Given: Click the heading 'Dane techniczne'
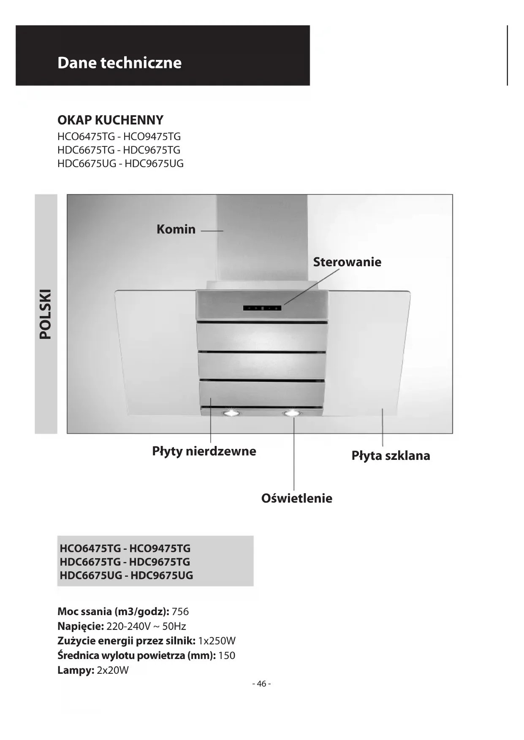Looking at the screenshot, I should (x=119, y=62).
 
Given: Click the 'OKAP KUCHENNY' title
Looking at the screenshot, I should (x=110, y=120).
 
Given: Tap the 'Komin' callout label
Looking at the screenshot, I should (x=176, y=229).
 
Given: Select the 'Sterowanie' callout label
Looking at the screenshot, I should (x=347, y=262).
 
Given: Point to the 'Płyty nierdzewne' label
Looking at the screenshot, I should (x=204, y=451).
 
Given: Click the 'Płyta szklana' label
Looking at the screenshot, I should (x=391, y=456).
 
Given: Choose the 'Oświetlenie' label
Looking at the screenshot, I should (x=296, y=498).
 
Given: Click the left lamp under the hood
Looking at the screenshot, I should (x=231, y=413).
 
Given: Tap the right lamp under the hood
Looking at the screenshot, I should (x=291, y=413).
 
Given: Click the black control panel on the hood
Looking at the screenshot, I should (x=262, y=308).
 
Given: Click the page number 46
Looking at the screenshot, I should (x=261, y=683).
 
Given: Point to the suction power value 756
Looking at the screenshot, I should (x=180, y=611).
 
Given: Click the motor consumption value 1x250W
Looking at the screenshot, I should (x=217, y=641).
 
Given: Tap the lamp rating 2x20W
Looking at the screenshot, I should (x=113, y=670).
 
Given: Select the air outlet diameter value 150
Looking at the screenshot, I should (x=227, y=655).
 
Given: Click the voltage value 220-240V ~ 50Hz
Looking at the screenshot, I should (x=146, y=626).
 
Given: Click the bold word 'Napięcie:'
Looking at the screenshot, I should (x=80, y=626).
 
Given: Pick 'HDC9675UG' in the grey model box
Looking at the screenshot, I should (x=162, y=575).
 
